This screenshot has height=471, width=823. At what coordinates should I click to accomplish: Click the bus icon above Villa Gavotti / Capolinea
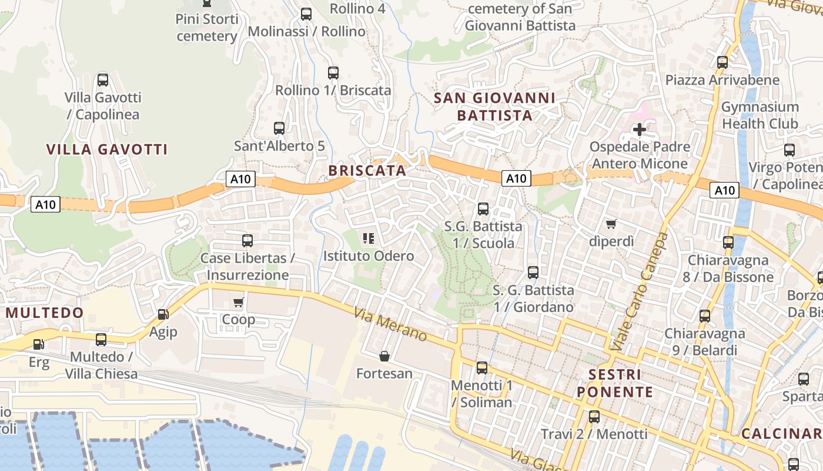click(103, 79)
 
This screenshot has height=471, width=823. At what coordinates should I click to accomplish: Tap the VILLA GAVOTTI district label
click(107, 150)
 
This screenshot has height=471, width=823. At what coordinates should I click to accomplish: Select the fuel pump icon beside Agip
click(163, 315)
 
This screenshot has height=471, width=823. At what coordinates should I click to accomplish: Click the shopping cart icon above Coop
click(238, 302)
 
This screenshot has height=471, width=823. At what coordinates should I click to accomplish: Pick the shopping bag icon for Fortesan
click(384, 356)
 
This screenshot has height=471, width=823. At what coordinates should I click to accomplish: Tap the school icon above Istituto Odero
click(369, 238)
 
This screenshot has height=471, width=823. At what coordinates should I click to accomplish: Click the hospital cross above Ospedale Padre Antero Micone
click(640, 129)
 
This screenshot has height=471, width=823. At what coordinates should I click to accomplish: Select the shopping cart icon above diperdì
click(611, 224)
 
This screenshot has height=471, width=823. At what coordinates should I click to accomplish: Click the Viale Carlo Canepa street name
click(640, 291)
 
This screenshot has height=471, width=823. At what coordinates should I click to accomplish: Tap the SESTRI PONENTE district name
click(614, 383)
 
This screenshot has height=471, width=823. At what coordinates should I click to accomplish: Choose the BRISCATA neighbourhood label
click(367, 171)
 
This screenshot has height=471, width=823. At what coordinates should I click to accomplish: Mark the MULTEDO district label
click(45, 313)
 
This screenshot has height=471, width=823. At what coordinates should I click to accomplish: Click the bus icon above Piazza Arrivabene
click(722, 62)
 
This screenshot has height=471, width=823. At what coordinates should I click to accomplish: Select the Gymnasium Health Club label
click(760, 115)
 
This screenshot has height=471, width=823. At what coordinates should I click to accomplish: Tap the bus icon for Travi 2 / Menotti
click(594, 417)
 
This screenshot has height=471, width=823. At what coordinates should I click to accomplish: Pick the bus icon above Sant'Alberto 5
click(279, 128)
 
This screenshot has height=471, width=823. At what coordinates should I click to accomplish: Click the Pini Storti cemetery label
click(207, 28)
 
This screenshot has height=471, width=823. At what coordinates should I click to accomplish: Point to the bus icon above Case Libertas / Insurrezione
click(247, 240)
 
